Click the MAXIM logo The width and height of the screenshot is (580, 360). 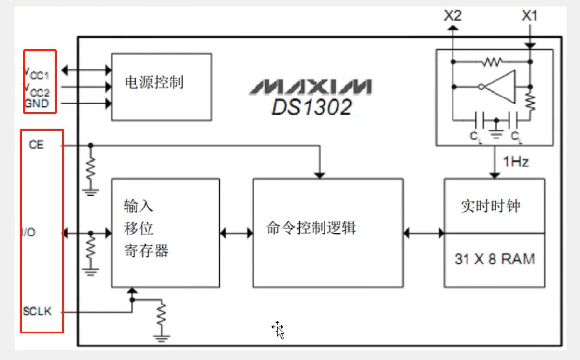pyautogui.click(x=311, y=87)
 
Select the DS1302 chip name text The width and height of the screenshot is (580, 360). pyautogui.click(x=311, y=107)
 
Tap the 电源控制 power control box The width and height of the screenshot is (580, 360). pyautogui.click(x=161, y=86)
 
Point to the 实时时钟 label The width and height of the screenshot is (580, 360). pyautogui.click(x=490, y=207)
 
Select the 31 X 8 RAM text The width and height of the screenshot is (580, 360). pyautogui.click(x=495, y=259)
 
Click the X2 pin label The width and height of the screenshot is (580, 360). pyautogui.click(x=453, y=15)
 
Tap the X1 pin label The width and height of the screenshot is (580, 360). pyautogui.click(x=529, y=15)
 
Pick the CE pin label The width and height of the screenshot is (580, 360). pyautogui.click(x=36, y=145)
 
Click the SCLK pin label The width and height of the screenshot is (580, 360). pyautogui.click(x=37, y=311)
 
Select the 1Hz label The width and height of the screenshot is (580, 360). pyautogui.click(x=516, y=162)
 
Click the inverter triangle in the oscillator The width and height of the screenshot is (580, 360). pyautogui.click(x=501, y=87)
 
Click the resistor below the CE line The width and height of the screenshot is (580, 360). pyautogui.click(x=90, y=166)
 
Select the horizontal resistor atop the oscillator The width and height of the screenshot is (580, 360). pyautogui.click(x=492, y=61)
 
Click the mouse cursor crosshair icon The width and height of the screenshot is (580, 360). pyautogui.click(x=278, y=330)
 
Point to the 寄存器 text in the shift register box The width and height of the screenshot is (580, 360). pyautogui.click(x=146, y=251)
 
